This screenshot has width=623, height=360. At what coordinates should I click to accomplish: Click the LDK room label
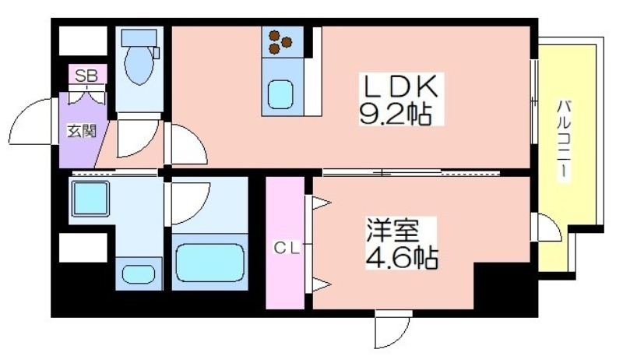click(400, 86)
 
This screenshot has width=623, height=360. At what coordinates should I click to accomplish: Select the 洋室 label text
click(392, 231)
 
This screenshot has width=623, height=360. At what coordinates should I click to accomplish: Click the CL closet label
click(286, 249)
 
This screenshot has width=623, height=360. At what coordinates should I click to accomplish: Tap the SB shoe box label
click(86, 76)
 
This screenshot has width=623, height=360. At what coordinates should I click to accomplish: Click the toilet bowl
click(139, 65)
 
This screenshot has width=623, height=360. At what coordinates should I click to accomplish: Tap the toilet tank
click(139, 38)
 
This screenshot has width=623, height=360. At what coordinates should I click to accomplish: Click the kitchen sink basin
click(280, 94)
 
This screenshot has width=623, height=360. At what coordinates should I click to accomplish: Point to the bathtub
click(209, 262)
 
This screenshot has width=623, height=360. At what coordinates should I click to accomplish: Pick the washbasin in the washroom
click(139, 274)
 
